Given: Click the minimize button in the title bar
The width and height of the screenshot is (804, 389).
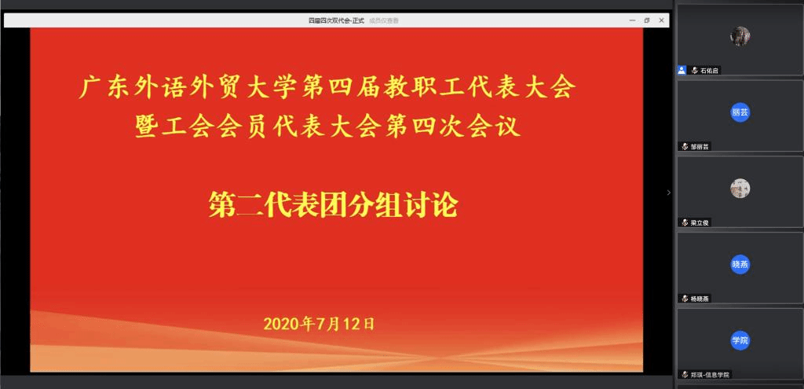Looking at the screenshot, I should [x=632, y=20].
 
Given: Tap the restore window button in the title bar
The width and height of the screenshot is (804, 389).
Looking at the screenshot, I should [x=647, y=20].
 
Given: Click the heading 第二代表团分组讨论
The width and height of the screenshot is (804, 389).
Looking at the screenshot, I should [x=332, y=206].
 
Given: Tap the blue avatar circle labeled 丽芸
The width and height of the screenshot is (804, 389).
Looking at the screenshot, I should [x=740, y=112].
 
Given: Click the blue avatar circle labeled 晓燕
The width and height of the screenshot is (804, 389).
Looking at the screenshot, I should [x=740, y=264].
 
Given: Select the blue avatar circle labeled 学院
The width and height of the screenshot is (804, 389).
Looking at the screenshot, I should [x=740, y=340].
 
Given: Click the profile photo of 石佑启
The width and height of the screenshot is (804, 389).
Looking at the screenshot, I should [x=740, y=35].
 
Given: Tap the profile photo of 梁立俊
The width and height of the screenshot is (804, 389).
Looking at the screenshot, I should [x=740, y=188].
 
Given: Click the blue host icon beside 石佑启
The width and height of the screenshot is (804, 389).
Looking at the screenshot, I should [x=682, y=70].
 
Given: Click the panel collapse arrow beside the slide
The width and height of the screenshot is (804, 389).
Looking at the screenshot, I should [x=668, y=193].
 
